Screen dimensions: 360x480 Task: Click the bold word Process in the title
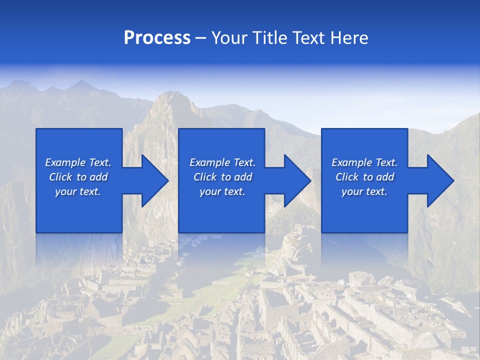coord(157,38)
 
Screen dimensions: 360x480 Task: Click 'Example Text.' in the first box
coord(78,162)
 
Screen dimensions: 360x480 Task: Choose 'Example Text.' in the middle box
coord(222,162)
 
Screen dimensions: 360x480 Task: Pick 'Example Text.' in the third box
coord(364,162)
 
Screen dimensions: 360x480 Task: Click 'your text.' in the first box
coord(78,191)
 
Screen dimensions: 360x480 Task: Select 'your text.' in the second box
coord(222,191)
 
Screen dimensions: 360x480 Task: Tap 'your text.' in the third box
coord(364,191)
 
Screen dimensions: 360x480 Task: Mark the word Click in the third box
coord(347,177)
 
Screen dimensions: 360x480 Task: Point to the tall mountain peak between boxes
coord(170,102)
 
